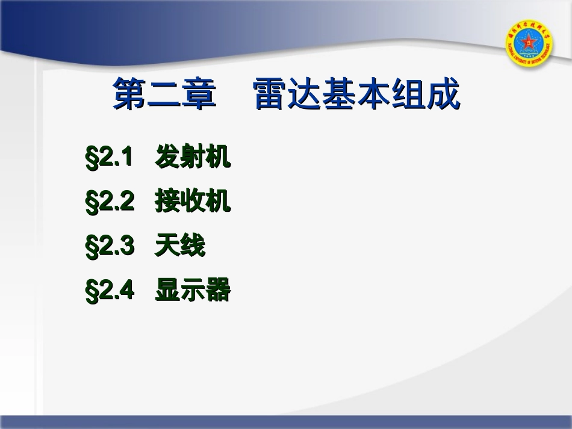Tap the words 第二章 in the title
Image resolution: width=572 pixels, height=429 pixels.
tap(164, 94)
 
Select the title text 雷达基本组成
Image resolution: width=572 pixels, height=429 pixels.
tap(357, 94)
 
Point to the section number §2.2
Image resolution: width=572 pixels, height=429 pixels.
tap(110, 202)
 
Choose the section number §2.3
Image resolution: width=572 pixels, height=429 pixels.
tap(110, 247)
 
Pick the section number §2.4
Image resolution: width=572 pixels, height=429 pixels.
tap(110, 291)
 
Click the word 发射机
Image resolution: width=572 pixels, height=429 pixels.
tap(193, 158)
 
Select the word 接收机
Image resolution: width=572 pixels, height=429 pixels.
tap(193, 202)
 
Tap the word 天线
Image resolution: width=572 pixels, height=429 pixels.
tap(180, 247)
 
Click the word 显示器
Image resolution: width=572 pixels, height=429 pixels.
tap(193, 291)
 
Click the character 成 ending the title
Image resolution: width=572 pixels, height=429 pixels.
tap(443, 94)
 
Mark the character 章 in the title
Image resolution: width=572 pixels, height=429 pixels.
tap(199, 94)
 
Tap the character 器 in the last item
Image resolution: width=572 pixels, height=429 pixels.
tap(218, 291)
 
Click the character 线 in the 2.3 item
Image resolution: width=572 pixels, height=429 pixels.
tap(193, 247)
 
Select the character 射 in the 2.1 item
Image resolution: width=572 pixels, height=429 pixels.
tap(193, 158)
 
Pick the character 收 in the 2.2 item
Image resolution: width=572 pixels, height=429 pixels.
tap(193, 202)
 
